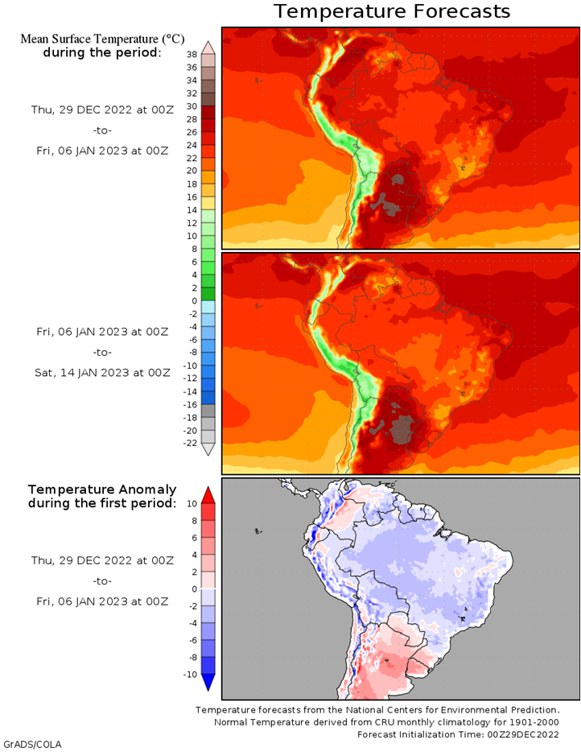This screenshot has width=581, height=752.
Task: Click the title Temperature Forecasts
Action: pos(392,11)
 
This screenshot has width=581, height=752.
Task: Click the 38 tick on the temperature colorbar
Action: pos(192,54)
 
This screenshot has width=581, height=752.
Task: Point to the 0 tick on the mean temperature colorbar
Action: pos(194,300)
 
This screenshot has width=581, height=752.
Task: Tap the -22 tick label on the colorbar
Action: pos(190,443)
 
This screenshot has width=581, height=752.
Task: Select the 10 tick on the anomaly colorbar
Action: pos(192,503)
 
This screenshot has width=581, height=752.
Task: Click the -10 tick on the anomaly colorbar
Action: pos(190,675)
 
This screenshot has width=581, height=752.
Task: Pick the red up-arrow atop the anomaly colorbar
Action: pos(208,495)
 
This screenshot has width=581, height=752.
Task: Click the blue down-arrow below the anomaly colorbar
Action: pos(208,683)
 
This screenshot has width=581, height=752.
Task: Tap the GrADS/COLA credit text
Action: pos(32,744)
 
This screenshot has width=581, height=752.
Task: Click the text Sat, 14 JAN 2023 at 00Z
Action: pos(102,373)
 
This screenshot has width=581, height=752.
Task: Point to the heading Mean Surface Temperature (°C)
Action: pos(102,39)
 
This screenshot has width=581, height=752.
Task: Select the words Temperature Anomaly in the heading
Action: pos(102,490)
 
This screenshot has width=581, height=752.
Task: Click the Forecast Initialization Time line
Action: pos(458,734)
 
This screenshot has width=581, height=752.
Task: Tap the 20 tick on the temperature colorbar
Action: pos(192,171)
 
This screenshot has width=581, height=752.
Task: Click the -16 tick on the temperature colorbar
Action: pos(190,404)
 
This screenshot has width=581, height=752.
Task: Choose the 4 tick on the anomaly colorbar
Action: pos(194,555)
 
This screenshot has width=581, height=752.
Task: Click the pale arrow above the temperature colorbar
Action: pos(208,48)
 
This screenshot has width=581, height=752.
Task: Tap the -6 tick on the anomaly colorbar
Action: pos(192,640)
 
